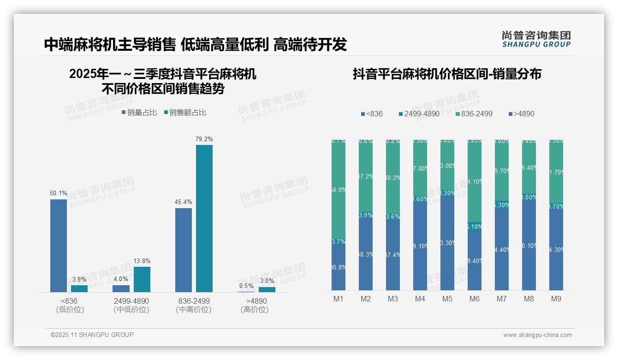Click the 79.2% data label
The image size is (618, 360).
click(x=204, y=139)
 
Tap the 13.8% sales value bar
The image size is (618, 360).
click(x=142, y=279)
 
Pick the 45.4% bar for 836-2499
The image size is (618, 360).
click(x=184, y=250)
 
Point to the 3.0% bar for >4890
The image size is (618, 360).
click(x=267, y=289)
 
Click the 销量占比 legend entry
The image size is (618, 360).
click(x=140, y=113)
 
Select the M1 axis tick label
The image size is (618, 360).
click(x=339, y=299)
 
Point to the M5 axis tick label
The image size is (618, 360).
click(x=447, y=299)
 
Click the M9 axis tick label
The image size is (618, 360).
click(x=556, y=299)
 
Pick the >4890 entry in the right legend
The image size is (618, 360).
click(x=521, y=114)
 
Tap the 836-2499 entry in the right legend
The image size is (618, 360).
click(x=474, y=114)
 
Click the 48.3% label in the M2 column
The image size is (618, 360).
click(x=366, y=254)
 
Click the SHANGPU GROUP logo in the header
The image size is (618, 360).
click(x=536, y=39)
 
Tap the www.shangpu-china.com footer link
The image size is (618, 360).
click(x=537, y=335)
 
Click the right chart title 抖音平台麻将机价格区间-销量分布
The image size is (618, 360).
click(x=447, y=74)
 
